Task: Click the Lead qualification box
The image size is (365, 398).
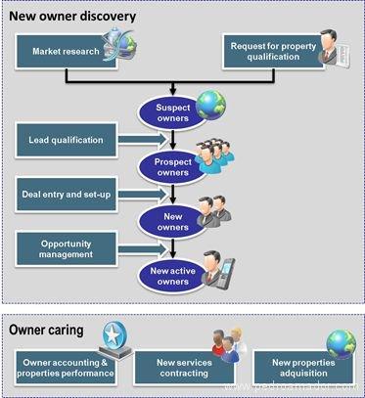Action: click(x=67, y=139)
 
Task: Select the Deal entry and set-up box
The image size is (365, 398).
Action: click(x=67, y=193)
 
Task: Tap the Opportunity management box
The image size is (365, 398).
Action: click(x=67, y=247)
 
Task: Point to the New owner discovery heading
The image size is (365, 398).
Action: click(x=73, y=18)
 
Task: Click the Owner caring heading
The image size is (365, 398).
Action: click(x=49, y=331)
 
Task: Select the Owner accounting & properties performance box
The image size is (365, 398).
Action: click(x=66, y=368)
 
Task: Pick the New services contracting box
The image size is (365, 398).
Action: click(x=182, y=368)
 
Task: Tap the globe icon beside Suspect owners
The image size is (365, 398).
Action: click(x=210, y=103)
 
